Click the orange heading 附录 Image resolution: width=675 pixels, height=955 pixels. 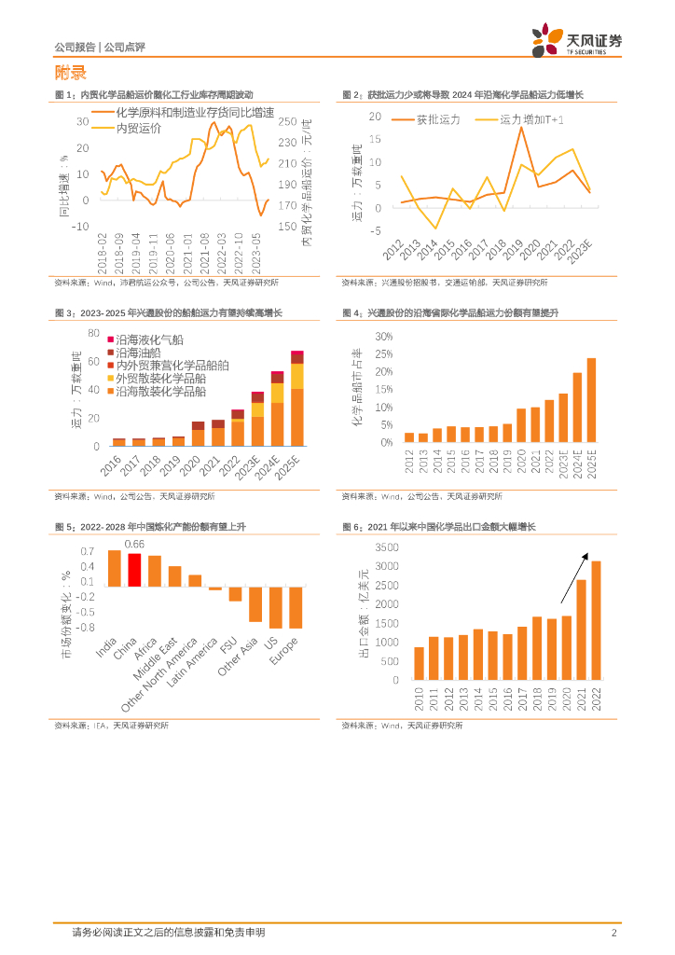point(71,73)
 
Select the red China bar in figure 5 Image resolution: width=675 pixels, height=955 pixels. point(134,570)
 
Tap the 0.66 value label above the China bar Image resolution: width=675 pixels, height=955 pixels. point(134,544)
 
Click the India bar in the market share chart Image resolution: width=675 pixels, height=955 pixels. point(114,568)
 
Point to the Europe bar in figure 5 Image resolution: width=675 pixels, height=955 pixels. point(296,608)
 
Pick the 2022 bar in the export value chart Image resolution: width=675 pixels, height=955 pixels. point(595,619)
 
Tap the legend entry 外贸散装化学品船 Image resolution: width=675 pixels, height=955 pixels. point(160,379)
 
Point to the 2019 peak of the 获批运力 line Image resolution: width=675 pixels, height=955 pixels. point(521,127)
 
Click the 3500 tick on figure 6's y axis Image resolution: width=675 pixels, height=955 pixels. point(386,548)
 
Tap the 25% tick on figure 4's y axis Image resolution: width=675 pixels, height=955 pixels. point(382,353)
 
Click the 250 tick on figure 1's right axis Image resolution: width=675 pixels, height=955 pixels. point(286,121)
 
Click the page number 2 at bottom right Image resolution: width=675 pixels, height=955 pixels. point(613,933)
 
